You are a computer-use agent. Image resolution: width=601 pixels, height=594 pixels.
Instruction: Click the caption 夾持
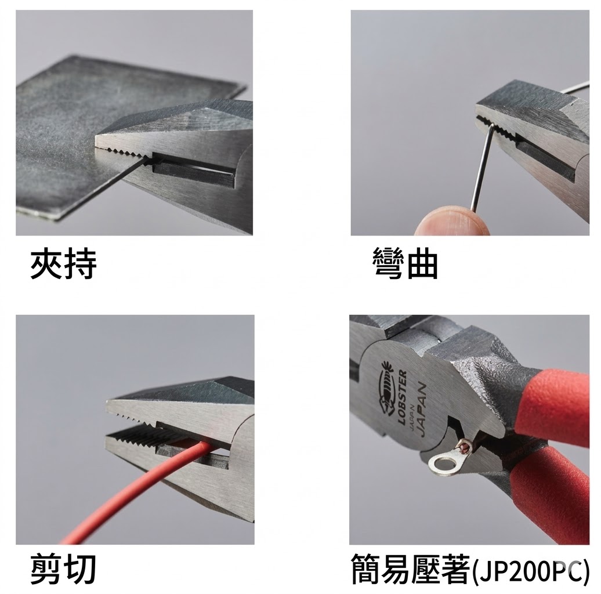[64, 264]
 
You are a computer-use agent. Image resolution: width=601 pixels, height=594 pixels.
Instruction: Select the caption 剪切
[63, 568]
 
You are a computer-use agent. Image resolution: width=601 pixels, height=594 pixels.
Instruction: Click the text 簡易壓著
[411, 568]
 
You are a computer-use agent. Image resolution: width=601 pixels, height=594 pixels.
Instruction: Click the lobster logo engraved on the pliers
[387, 388]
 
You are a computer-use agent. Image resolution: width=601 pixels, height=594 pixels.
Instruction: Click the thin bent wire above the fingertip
[483, 166]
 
